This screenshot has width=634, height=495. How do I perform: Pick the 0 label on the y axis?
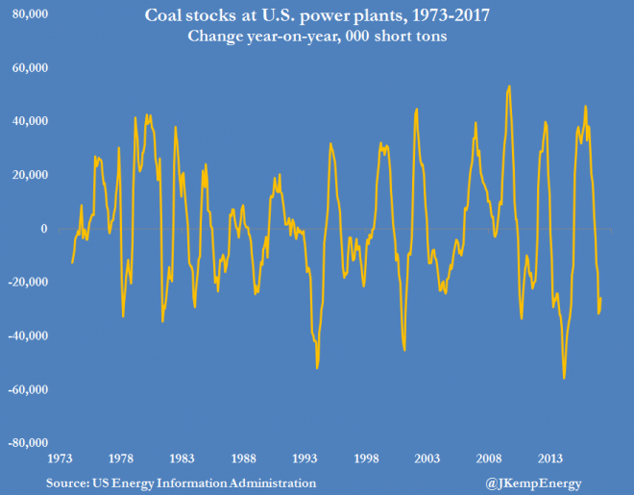(x=43, y=229)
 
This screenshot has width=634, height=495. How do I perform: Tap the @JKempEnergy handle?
(x=532, y=481)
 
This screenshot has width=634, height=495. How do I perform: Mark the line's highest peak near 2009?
(x=509, y=86)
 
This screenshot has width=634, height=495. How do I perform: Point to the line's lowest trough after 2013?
(x=564, y=379)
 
